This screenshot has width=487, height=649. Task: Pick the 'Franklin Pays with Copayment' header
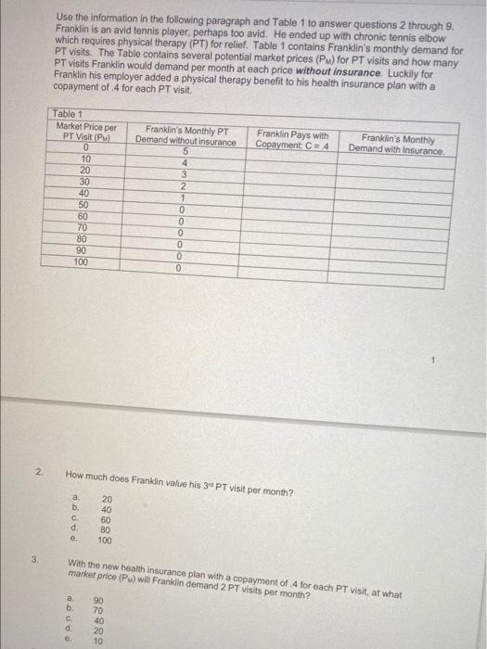coord(292,140)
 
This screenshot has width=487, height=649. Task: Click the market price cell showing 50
coord(85,204)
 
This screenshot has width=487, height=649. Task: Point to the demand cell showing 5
coord(186,152)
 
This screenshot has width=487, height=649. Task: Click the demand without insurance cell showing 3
coord(186,175)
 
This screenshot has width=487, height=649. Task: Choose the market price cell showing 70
coord(85,227)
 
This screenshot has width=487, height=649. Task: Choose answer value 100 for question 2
coord(106,540)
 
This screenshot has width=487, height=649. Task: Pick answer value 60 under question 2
coord(106,518)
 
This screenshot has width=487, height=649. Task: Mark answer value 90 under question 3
coord(99,602)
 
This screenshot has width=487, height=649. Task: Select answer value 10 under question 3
coord(99,639)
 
